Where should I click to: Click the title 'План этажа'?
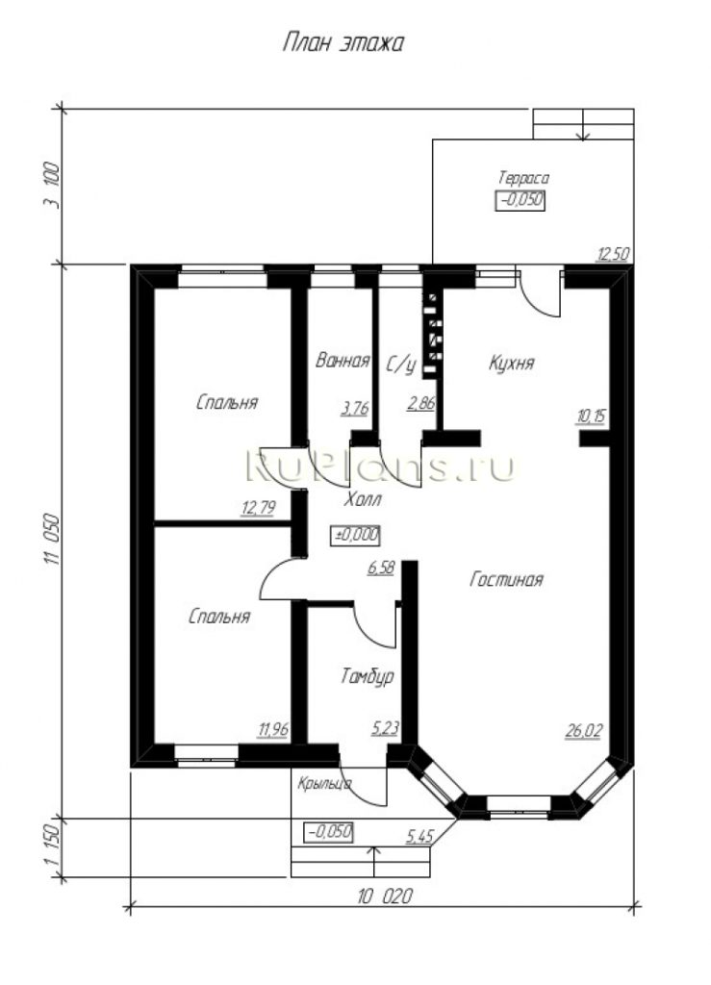(x=343, y=43)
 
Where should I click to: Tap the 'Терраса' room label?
(x=523, y=178)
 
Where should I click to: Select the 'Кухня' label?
(x=511, y=363)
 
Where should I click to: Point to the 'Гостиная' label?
(x=506, y=579)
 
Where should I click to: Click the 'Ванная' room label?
(x=343, y=361)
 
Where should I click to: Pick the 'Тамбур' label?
(x=368, y=676)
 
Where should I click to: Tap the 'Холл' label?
(x=363, y=500)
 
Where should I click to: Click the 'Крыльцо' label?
(x=324, y=784)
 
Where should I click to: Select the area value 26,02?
(x=583, y=731)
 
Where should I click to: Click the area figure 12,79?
(x=258, y=508)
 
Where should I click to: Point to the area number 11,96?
(x=272, y=730)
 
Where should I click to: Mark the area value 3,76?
(x=354, y=408)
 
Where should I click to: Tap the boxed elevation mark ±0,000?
(x=356, y=535)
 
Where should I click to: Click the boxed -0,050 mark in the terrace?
(x=520, y=201)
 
